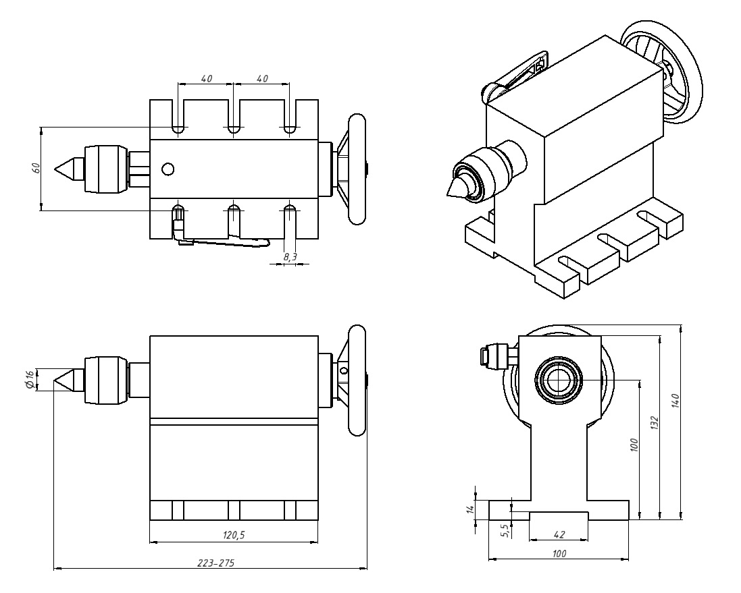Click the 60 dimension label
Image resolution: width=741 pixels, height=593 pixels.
click(x=36, y=168)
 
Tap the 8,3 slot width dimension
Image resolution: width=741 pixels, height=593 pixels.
click(x=290, y=257)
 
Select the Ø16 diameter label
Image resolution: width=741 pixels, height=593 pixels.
click(x=30, y=379)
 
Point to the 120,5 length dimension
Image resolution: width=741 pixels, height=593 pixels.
click(x=233, y=536)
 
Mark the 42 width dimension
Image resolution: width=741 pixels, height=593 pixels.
click(x=559, y=535)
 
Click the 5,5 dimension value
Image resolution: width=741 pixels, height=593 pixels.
click(x=504, y=530)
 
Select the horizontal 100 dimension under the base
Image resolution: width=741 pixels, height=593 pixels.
click(x=559, y=554)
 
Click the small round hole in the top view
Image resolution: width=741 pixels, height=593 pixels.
click(x=168, y=169)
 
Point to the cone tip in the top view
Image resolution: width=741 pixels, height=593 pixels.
click(x=57, y=169)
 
